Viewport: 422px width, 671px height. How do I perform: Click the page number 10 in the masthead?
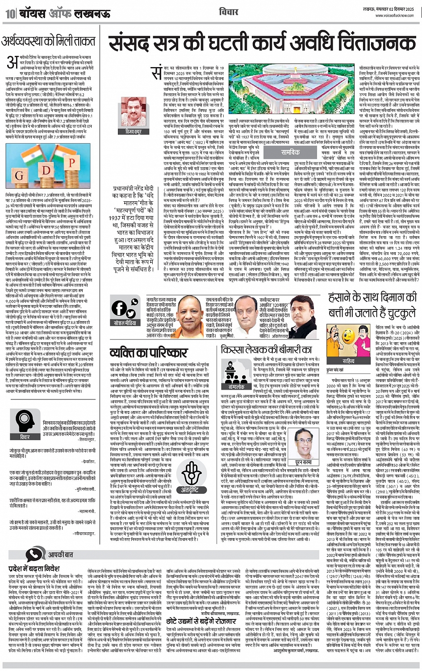pos(9,13)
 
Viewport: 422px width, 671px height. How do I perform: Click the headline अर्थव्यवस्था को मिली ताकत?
pos(49,42)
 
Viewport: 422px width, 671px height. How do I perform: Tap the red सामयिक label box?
pos(290,153)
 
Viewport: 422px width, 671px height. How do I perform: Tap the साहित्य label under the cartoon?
pos(348,361)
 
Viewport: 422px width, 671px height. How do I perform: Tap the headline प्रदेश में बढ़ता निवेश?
pos(33,569)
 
